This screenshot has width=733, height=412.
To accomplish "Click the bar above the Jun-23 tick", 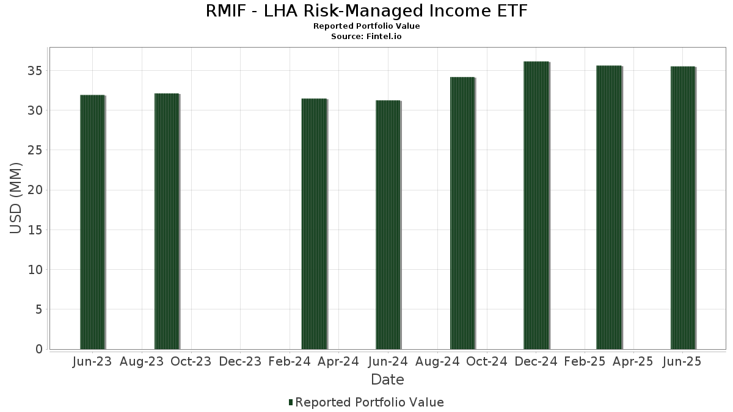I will click(x=92, y=222).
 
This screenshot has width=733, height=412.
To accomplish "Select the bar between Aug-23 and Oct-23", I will click(x=167, y=222).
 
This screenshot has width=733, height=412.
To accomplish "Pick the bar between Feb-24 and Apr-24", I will click(x=314, y=224).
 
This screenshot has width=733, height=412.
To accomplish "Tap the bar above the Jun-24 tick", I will click(x=388, y=225).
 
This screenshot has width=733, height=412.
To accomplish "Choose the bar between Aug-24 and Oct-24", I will click(x=462, y=213).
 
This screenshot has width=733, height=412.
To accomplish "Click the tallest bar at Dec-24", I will click(x=536, y=205).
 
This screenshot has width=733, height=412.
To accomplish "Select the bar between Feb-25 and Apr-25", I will click(x=609, y=207).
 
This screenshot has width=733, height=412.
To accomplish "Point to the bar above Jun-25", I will click(x=683, y=208).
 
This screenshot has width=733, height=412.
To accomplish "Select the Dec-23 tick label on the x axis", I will click(x=240, y=361).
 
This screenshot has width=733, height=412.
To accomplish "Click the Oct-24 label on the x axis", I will click(x=487, y=361).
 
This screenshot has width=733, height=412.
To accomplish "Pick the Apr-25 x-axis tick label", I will click(x=633, y=361).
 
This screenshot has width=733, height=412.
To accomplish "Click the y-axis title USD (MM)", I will click(x=16, y=198).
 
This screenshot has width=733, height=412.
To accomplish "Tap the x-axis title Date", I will click(x=387, y=380).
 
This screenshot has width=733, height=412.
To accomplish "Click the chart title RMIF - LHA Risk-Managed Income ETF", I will click(x=366, y=11).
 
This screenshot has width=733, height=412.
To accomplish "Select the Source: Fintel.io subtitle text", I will click(x=366, y=37).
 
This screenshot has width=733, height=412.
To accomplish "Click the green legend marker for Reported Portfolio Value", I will click(x=291, y=402).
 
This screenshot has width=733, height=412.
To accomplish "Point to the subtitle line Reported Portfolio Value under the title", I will click(x=366, y=26).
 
